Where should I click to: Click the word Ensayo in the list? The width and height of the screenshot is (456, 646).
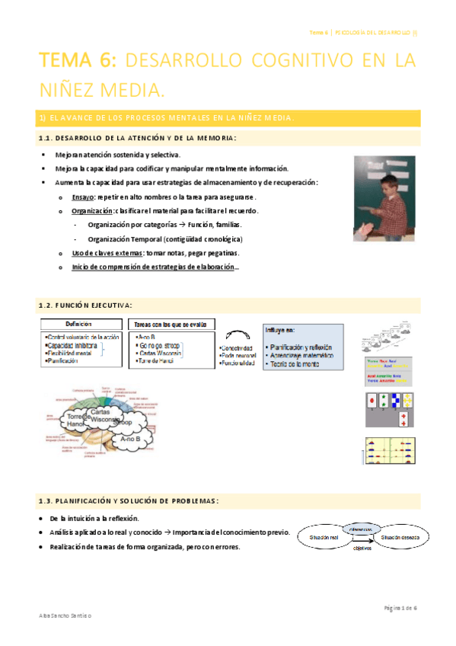click(83, 197)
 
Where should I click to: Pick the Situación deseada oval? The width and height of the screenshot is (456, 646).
click(399, 537)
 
